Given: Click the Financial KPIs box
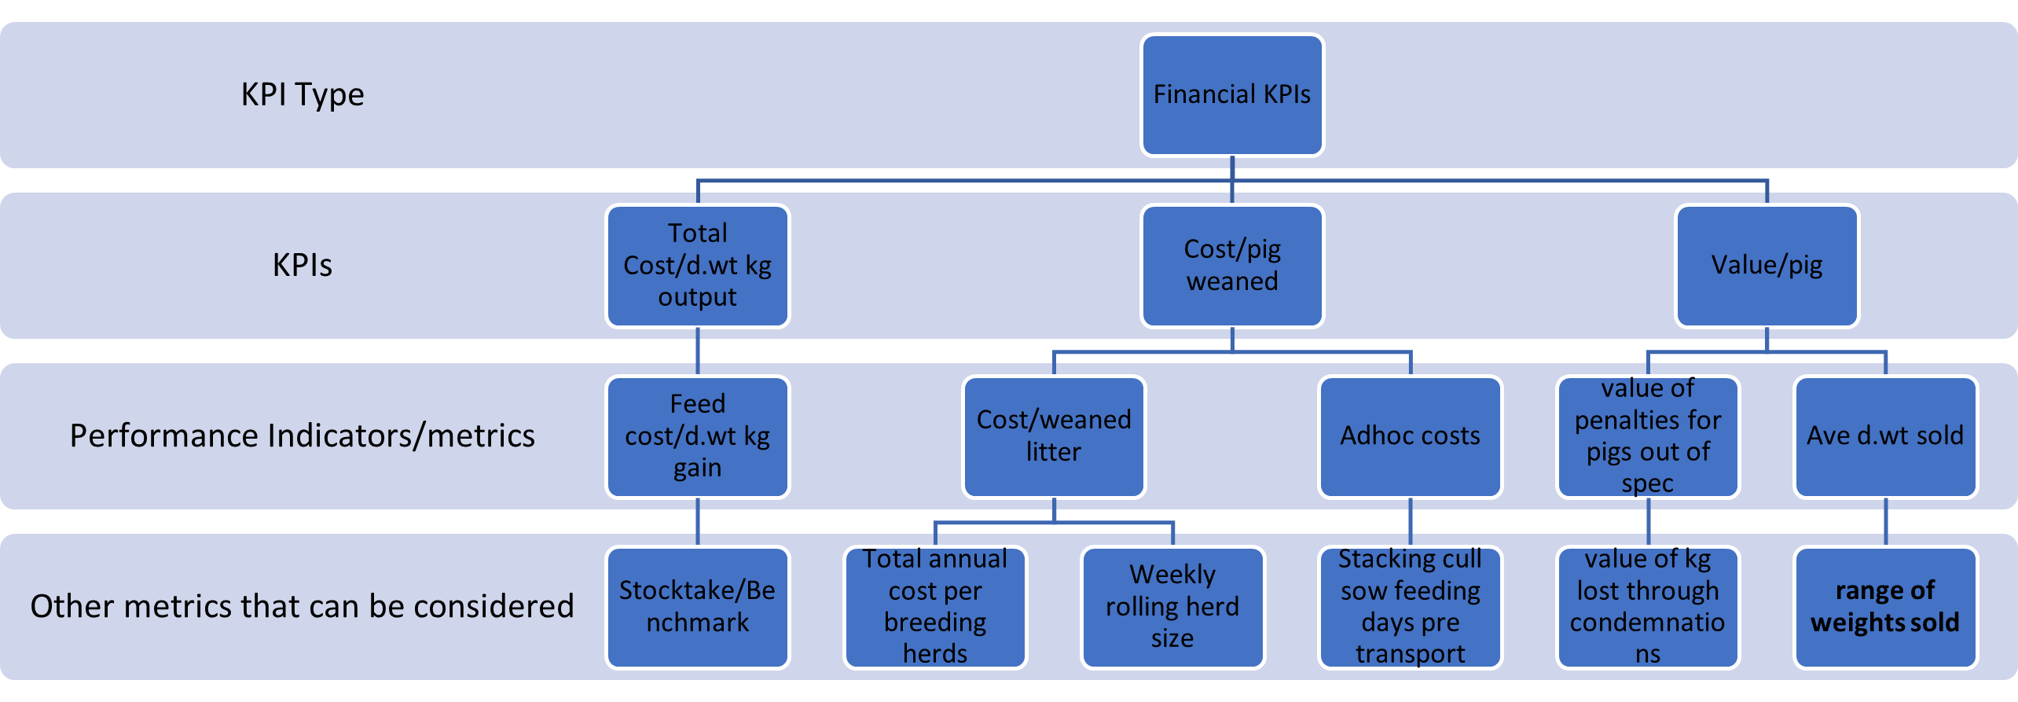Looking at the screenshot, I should point(1231,94).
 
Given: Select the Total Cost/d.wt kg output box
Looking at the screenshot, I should point(697,266).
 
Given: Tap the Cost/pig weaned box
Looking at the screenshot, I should point(1231,266).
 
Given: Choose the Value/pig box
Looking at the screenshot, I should point(1767,266).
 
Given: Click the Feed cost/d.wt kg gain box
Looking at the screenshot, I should point(697,436).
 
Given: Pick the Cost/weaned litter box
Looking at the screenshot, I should point(1053,436).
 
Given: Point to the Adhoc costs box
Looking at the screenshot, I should point(1410,436).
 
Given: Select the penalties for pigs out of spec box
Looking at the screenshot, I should point(1648,436).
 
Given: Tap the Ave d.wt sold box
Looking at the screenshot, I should point(1885,436).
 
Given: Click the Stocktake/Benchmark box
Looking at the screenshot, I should point(697,607).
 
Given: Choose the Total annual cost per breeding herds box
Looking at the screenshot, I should point(934,607).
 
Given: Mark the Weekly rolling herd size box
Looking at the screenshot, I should point(1172,607).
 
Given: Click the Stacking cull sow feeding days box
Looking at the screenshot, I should point(1410,607).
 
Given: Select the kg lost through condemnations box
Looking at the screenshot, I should point(1648,607).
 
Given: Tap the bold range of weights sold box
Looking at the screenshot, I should point(1885,607).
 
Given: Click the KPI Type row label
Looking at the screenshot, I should point(303,94).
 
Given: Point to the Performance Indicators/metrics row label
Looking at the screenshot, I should point(303,436).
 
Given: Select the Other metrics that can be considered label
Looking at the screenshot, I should point(303,606).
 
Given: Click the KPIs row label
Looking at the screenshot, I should point(303,265).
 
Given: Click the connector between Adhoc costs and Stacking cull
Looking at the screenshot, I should point(1411,522).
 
